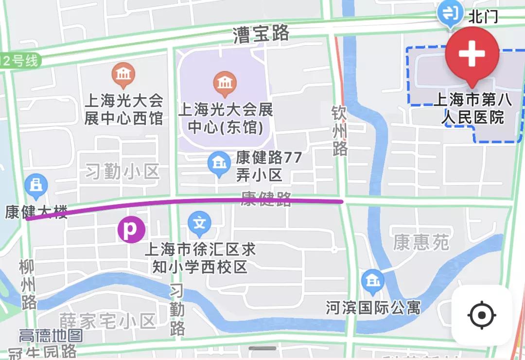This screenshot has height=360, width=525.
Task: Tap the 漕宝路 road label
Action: (x=261, y=34)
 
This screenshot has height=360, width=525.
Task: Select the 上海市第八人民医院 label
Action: (x=472, y=109)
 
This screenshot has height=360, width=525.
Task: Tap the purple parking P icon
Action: (x=131, y=229)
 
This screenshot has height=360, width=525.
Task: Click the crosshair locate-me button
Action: (x=482, y=315)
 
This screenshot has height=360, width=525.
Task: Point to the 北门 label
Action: (x=483, y=17)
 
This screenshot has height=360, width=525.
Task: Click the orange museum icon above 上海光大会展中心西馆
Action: (x=123, y=75)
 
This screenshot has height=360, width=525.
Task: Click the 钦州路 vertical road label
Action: (x=340, y=131)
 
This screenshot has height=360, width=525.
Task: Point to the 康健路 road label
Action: (x=266, y=198)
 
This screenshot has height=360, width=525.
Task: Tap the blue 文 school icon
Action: (x=199, y=224)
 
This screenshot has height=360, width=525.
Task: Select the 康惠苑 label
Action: (x=421, y=242)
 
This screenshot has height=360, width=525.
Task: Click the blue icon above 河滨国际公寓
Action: (x=373, y=281)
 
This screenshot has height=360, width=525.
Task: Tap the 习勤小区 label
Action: (x=122, y=171)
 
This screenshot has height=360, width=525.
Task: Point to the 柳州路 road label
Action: (x=28, y=285)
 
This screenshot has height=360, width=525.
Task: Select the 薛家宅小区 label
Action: (x=107, y=321)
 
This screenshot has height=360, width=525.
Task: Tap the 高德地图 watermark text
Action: (x=51, y=335)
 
